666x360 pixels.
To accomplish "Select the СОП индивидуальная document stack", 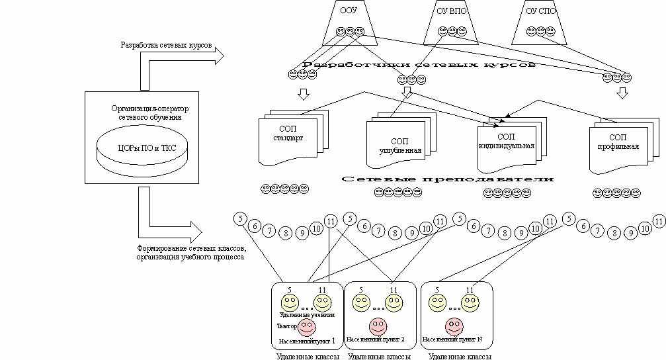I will [506, 141].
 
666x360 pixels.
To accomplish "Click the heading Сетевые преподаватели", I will [448, 179].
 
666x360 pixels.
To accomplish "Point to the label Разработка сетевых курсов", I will [166, 46].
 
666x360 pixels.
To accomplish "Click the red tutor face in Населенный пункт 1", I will [306, 327].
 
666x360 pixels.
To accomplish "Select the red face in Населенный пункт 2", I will [378, 327].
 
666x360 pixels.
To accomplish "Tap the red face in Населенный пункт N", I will [454, 327].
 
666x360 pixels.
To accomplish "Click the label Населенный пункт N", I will [453, 339].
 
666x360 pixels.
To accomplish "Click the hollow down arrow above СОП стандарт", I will [304, 93].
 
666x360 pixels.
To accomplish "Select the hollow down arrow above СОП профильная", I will [622, 93].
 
